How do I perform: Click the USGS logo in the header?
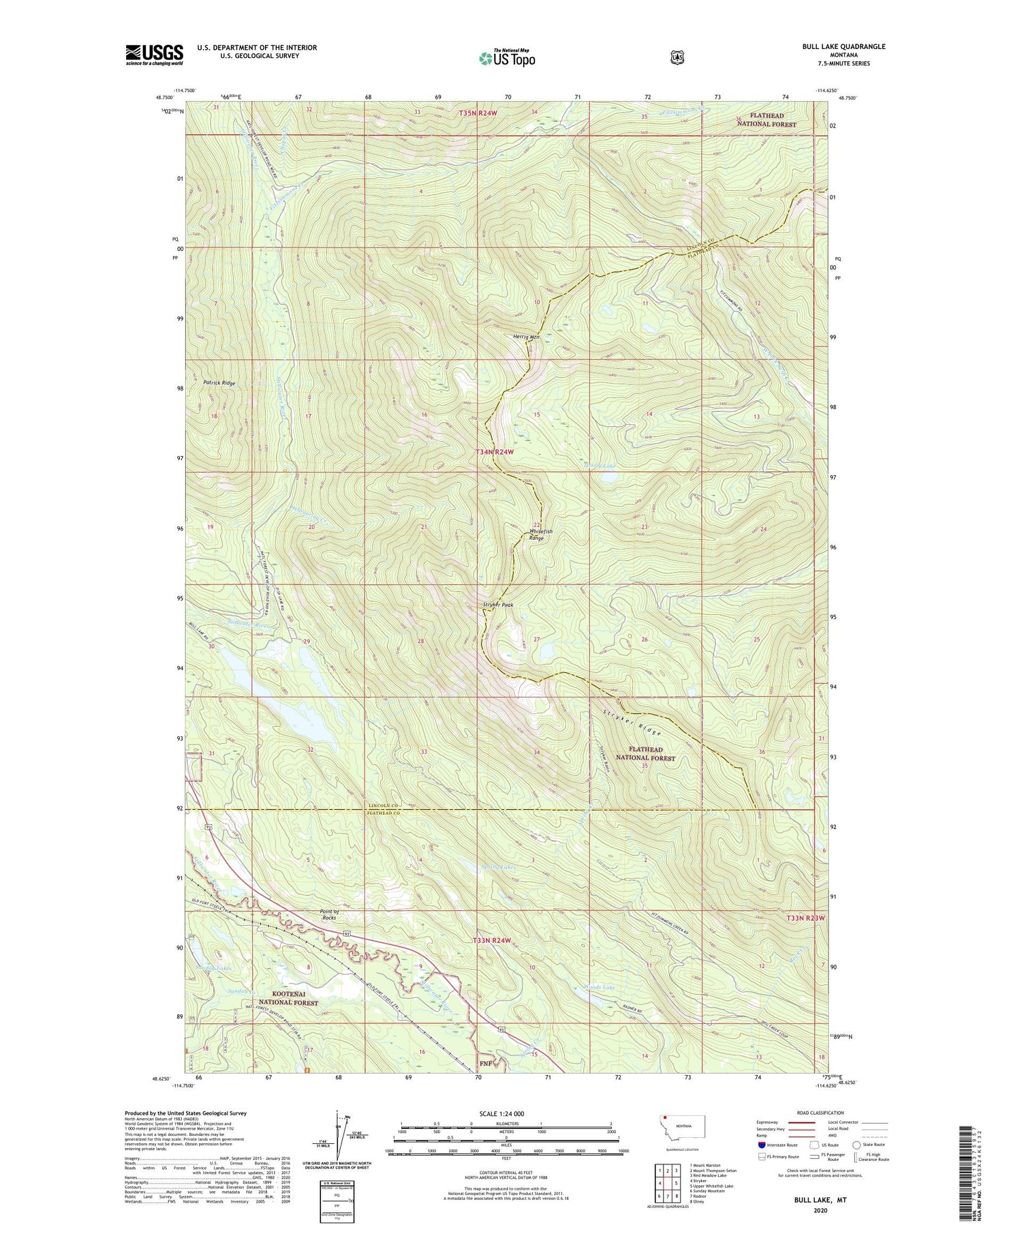pos(155,55)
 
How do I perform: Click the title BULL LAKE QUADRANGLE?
pos(843,46)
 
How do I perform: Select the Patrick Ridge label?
pos(219,383)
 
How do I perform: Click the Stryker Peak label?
pos(498,605)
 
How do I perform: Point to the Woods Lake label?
pos(600,987)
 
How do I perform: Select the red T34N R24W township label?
pos(504,452)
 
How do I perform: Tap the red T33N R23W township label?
pos(805,918)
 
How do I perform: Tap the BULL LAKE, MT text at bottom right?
pos(820,1199)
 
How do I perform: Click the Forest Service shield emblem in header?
pos(677,57)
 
